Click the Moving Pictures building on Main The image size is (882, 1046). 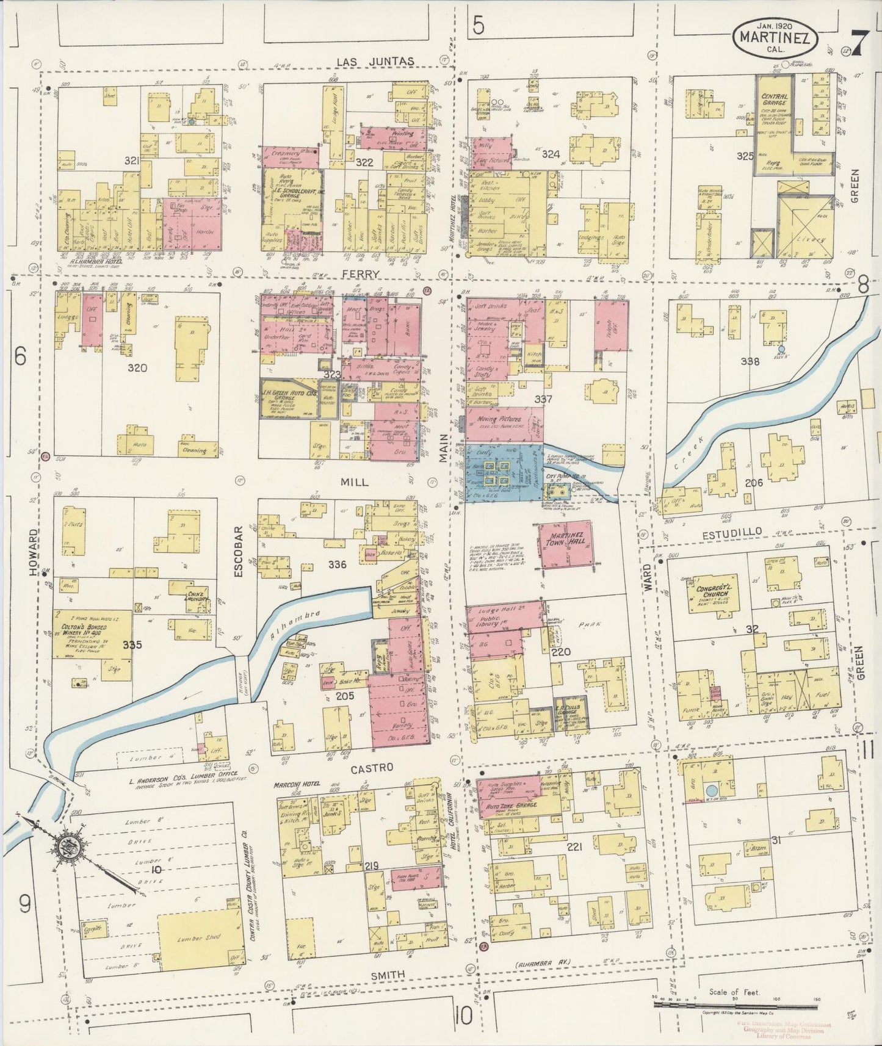[505, 423]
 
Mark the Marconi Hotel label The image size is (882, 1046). [296, 784]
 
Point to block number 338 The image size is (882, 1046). [750, 361]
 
